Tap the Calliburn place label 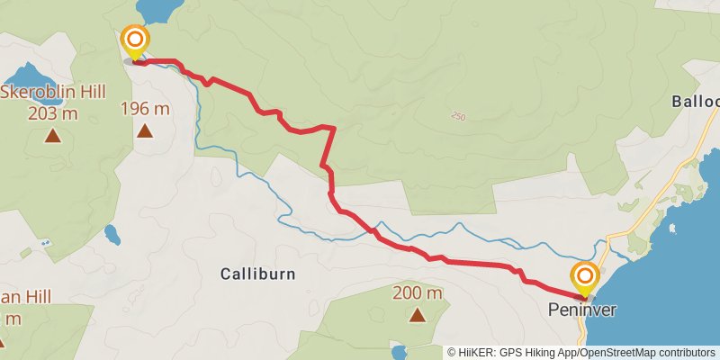(258, 274)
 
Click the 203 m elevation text (53, 113)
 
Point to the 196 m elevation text (146, 109)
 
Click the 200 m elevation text (418, 293)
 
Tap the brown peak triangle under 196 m (145, 131)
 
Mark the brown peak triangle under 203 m (52, 137)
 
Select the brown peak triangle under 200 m (417, 315)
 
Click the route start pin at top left (135, 40)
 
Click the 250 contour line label (460, 116)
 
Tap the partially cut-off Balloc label (696, 102)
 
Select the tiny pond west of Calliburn (112, 235)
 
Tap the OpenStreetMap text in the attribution (622, 352)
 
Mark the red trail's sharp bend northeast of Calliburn (335, 129)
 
